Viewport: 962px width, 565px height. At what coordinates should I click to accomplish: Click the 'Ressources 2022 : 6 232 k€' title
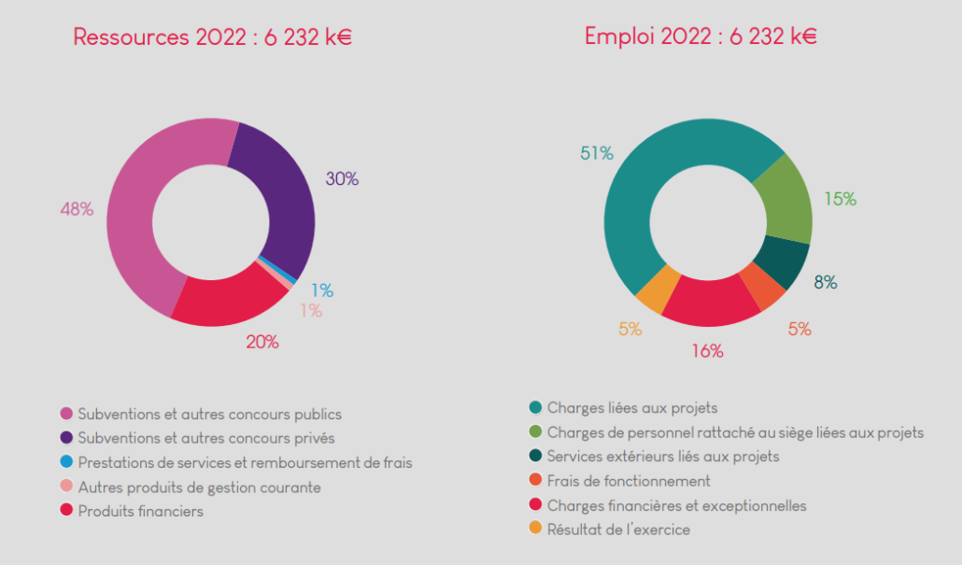(x=212, y=37)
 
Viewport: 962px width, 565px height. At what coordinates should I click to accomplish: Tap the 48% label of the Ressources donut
(x=77, y=209)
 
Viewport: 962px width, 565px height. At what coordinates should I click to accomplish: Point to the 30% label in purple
(x=342, y=179)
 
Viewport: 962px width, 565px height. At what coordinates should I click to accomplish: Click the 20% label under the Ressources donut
(x=262, y=342)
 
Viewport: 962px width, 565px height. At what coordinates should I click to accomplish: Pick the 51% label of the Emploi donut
(x=597, y=153)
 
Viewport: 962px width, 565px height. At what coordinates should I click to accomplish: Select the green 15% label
(x=840, y=199)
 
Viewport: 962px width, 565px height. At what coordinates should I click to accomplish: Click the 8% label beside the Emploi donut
(x=825, y=282)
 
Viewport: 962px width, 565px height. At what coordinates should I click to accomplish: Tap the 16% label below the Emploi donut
(x=707, y=351)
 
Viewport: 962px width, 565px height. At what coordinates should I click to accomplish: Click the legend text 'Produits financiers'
(x=140, y=511)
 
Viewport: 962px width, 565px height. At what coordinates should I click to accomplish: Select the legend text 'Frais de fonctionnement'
(x=629, y=481)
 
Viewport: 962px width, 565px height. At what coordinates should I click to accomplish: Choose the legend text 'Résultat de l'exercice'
(x=618, y=530)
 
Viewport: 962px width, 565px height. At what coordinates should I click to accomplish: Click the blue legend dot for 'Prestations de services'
(x=66, y=462)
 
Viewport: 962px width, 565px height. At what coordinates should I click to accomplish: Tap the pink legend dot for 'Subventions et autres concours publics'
(x=66, y=414)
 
